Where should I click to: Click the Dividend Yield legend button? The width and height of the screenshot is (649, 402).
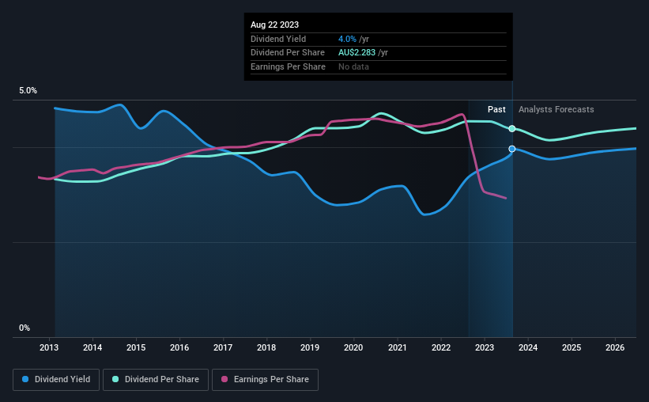click(x=56, y=380)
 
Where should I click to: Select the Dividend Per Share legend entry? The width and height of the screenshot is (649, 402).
click(x=156, y=380)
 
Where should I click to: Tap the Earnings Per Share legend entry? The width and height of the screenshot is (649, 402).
click(x=265, y=380)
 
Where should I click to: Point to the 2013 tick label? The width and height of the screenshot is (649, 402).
click(x=49, y=347)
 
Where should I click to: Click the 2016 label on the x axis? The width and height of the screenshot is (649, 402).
click(x=179, y=347)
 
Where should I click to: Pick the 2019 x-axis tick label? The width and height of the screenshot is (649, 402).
click(x=310, y=347)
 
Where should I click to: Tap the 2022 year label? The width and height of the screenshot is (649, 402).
click(x=441, y=347)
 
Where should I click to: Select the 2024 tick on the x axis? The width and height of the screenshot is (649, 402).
click(x=528, y=347)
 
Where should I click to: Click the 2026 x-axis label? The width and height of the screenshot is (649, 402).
click(x=615, y=347)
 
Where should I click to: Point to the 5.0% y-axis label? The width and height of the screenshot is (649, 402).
click(x=28, y=90)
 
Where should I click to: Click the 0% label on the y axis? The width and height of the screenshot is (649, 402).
click(x=25, y=328)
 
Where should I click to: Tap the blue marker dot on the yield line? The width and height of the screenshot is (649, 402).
click(x=512, y=149)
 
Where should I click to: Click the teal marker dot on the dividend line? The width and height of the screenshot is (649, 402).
click(x=512, y=128)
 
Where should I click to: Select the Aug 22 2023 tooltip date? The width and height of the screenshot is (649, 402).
click(x=274, y=25)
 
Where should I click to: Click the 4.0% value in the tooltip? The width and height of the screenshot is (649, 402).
click(x=347, y=39)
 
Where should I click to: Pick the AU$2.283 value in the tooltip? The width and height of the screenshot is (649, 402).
click(x=357, y=53)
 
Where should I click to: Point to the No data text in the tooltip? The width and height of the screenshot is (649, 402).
click(x=353, y=66)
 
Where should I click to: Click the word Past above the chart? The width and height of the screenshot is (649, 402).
click(x=496, y=109)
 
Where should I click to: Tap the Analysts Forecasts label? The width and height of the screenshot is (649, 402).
click(x=557, y=109)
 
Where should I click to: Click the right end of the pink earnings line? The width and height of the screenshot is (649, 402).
click(x=506, y=198)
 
